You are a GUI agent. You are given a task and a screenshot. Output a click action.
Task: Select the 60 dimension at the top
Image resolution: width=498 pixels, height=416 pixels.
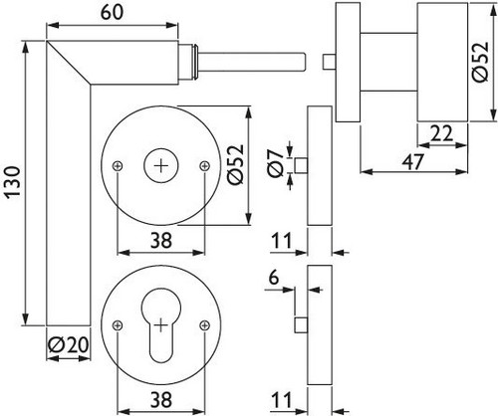pos(112,12)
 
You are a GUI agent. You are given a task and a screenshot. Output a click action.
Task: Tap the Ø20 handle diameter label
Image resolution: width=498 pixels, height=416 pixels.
pos(69,345)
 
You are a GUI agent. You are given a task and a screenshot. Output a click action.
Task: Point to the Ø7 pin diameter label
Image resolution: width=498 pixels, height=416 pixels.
pos(276,162)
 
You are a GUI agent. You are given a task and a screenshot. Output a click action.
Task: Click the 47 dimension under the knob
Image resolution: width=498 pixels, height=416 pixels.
pos(413,162)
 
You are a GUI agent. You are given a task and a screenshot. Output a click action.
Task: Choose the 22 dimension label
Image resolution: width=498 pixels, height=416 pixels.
pos(442,134)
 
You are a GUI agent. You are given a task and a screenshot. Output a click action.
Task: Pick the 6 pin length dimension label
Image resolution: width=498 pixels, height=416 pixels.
pos(274,278)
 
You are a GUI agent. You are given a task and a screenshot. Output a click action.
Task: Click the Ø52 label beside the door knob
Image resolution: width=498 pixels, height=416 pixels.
pos(481,62)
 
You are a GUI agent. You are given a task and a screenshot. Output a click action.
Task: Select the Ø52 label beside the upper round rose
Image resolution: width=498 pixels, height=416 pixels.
pos(236,164)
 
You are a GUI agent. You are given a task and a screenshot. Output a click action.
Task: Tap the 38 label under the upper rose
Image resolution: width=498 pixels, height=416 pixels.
pos(161,241)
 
